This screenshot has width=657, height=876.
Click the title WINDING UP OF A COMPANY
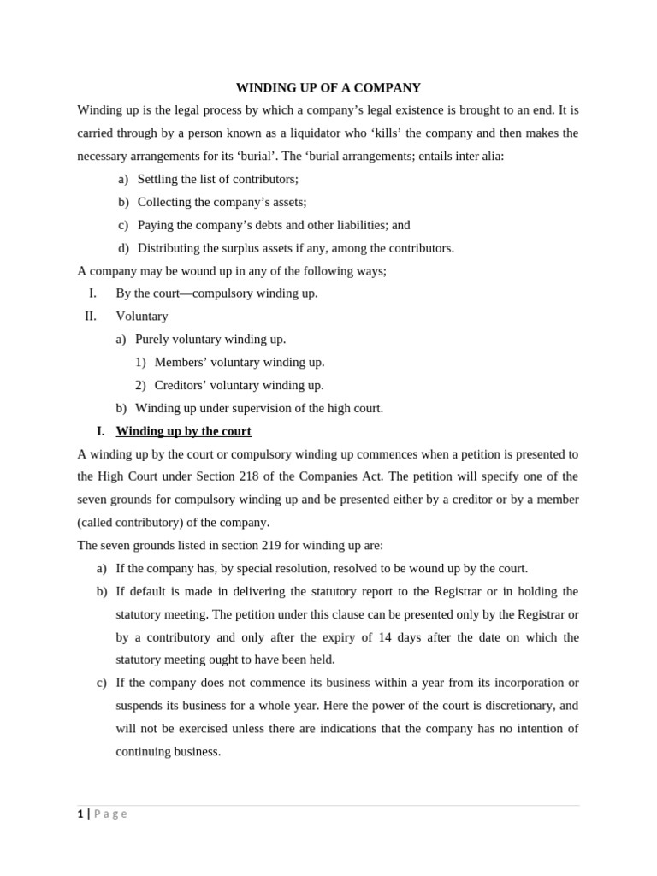(x=328, y=87)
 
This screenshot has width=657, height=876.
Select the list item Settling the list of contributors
(x=217, y=179)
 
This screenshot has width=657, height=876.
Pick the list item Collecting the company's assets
(x=222, y=202)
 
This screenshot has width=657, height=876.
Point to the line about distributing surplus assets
(x=295, y=248)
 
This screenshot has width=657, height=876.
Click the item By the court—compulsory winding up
(x=216, y=293)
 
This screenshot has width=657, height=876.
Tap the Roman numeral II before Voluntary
(x=91, y=316)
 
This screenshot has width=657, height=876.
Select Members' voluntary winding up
(x=239, y=362)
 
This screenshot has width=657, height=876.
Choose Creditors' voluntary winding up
(x=239, y=385)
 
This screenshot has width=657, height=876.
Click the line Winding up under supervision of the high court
(x=258, y=408)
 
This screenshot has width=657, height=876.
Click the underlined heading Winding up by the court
(x=183, y=431)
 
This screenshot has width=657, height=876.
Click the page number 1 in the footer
(x=80, y=814)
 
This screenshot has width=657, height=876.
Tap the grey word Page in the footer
(x=110, y=814)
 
